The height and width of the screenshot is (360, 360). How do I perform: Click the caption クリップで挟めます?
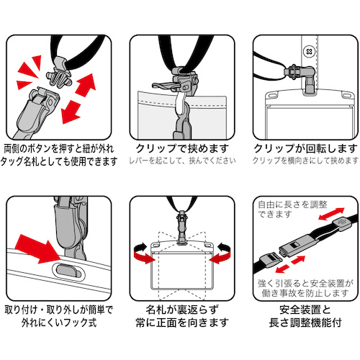(182, 148)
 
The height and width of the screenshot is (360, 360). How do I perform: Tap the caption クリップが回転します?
(305, 148)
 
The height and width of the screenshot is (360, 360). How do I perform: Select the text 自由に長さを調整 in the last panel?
(292, 204)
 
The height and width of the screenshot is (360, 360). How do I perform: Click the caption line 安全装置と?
(305, 310)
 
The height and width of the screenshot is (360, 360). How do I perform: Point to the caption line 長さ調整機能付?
(305, 323)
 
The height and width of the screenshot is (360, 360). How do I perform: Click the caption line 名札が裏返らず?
(182, 310)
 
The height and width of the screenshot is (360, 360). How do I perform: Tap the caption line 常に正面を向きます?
(182, 323)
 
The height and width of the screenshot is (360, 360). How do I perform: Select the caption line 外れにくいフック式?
(59, 323)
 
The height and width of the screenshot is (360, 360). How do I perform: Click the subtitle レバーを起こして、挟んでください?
(182, 161)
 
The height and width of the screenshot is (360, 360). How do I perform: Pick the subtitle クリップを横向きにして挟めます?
(305, 161)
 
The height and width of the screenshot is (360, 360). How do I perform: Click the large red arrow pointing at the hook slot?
(38, 250)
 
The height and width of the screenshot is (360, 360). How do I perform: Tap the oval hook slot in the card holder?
(69, 271)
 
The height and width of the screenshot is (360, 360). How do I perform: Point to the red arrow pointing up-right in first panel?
(86, 85)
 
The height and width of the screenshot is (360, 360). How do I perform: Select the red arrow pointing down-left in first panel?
(71, 112)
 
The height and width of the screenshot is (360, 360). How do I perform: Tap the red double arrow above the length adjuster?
(331, 214)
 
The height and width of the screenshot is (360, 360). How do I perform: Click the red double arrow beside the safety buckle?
(290, 264)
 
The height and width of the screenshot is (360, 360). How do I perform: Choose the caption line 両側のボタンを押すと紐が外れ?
(59, 148)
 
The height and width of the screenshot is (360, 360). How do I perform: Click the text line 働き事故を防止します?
(305, 293)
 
